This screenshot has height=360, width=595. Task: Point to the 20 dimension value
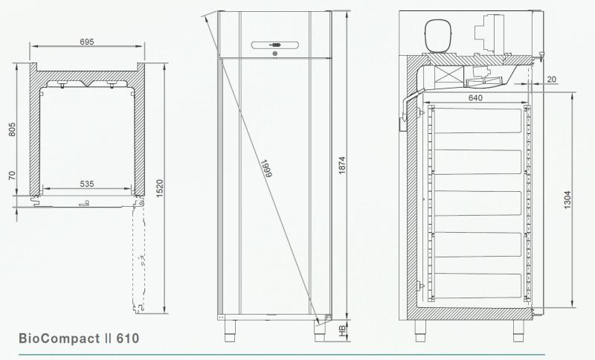(x=551, y=78)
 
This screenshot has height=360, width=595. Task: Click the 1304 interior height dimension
(x=567, y=199)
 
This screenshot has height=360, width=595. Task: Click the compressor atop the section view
(x=438, y=35)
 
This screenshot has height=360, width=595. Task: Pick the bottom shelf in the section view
(x=476, y=286)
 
